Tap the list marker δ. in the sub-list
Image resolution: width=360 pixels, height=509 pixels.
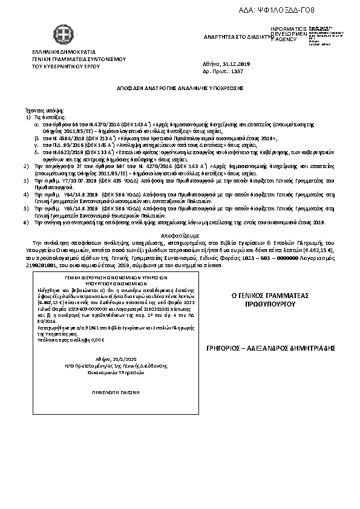[36, 152]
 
